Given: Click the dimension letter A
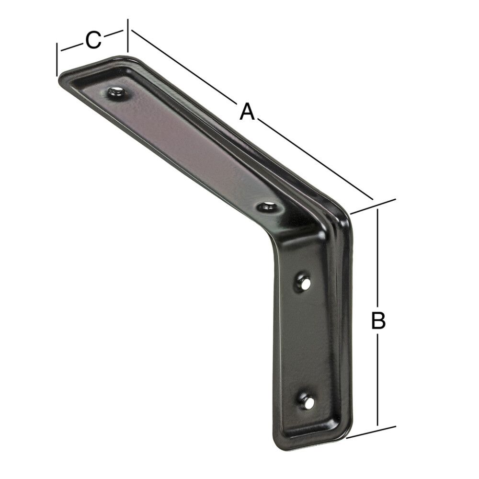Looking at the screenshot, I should pos(246,112).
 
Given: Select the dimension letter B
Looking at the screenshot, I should pos(378,320).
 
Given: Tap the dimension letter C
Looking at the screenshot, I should pos(93,40).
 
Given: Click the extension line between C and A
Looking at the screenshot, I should pos(127,35).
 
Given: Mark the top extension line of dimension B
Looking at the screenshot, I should pos(373,205).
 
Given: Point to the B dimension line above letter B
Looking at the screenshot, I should pos(378,259).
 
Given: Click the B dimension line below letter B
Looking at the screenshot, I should pos(378,378).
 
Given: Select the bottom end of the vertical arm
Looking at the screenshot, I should pos(311,443).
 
